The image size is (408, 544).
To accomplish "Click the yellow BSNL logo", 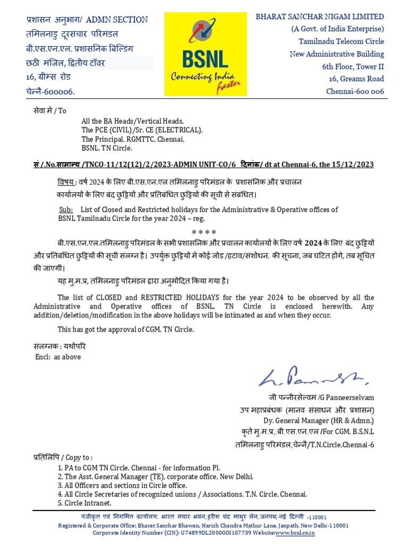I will click(x=205, y=54).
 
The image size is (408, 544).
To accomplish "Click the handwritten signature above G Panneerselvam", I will click(x=313, y=378).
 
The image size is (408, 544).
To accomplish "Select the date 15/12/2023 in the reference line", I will click(x=354, y=165).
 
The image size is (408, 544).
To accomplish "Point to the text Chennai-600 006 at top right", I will click(x=354, y=91).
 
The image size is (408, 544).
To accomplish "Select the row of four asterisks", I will click(x=203, y=232).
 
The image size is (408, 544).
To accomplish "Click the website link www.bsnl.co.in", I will click(x=295, y=532).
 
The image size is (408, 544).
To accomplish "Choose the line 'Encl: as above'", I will click(x=58, y=357).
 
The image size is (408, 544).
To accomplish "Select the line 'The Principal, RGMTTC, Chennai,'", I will click(x=133, y=139).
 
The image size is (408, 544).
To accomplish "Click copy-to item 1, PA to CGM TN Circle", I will click(x=138, y=468).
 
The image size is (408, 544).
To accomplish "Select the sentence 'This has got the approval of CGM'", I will click(x=126, y=329).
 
